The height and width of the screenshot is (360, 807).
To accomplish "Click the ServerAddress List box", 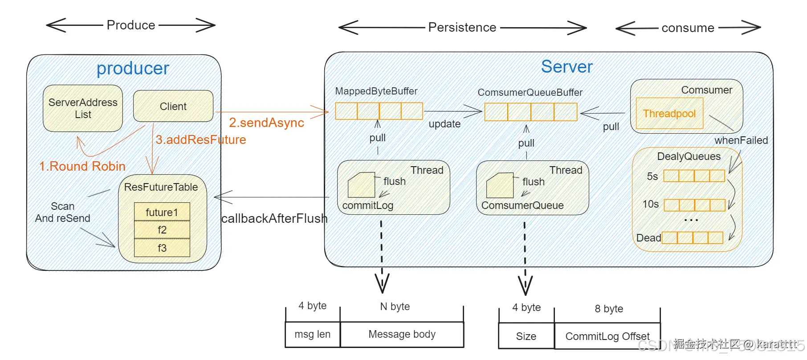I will click(83, 108).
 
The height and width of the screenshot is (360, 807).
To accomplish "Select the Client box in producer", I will click(173, 106).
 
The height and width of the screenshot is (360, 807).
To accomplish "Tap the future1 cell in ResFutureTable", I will click(162, 212).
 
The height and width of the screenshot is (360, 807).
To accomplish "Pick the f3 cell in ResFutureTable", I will click(162, 248).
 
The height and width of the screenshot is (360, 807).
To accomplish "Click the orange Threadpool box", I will click(669, 114).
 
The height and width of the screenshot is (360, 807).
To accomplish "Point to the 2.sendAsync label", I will click(266, 123).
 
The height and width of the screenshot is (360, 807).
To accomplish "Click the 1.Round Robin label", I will click(82, 166).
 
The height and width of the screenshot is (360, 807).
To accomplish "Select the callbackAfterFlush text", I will click(274, 218).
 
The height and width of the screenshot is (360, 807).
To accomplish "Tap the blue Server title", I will click(567, 67).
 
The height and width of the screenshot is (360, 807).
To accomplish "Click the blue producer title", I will click(133, 69).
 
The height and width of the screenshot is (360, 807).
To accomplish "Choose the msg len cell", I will click(313, 334).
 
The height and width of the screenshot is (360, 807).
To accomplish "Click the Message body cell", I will click(402, 334).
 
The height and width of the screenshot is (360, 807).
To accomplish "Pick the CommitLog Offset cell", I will click(607, 336).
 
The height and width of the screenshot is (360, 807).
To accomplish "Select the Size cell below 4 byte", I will click(526, 336).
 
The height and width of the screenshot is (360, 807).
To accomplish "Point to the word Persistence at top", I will click(462, 28).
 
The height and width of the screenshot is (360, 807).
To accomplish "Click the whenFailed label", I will click(741, 140).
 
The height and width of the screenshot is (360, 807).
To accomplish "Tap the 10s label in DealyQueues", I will click(650, 204).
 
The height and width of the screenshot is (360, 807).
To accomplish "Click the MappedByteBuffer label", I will click(376, 91).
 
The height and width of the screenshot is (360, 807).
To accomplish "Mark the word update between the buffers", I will click(444, 124).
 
